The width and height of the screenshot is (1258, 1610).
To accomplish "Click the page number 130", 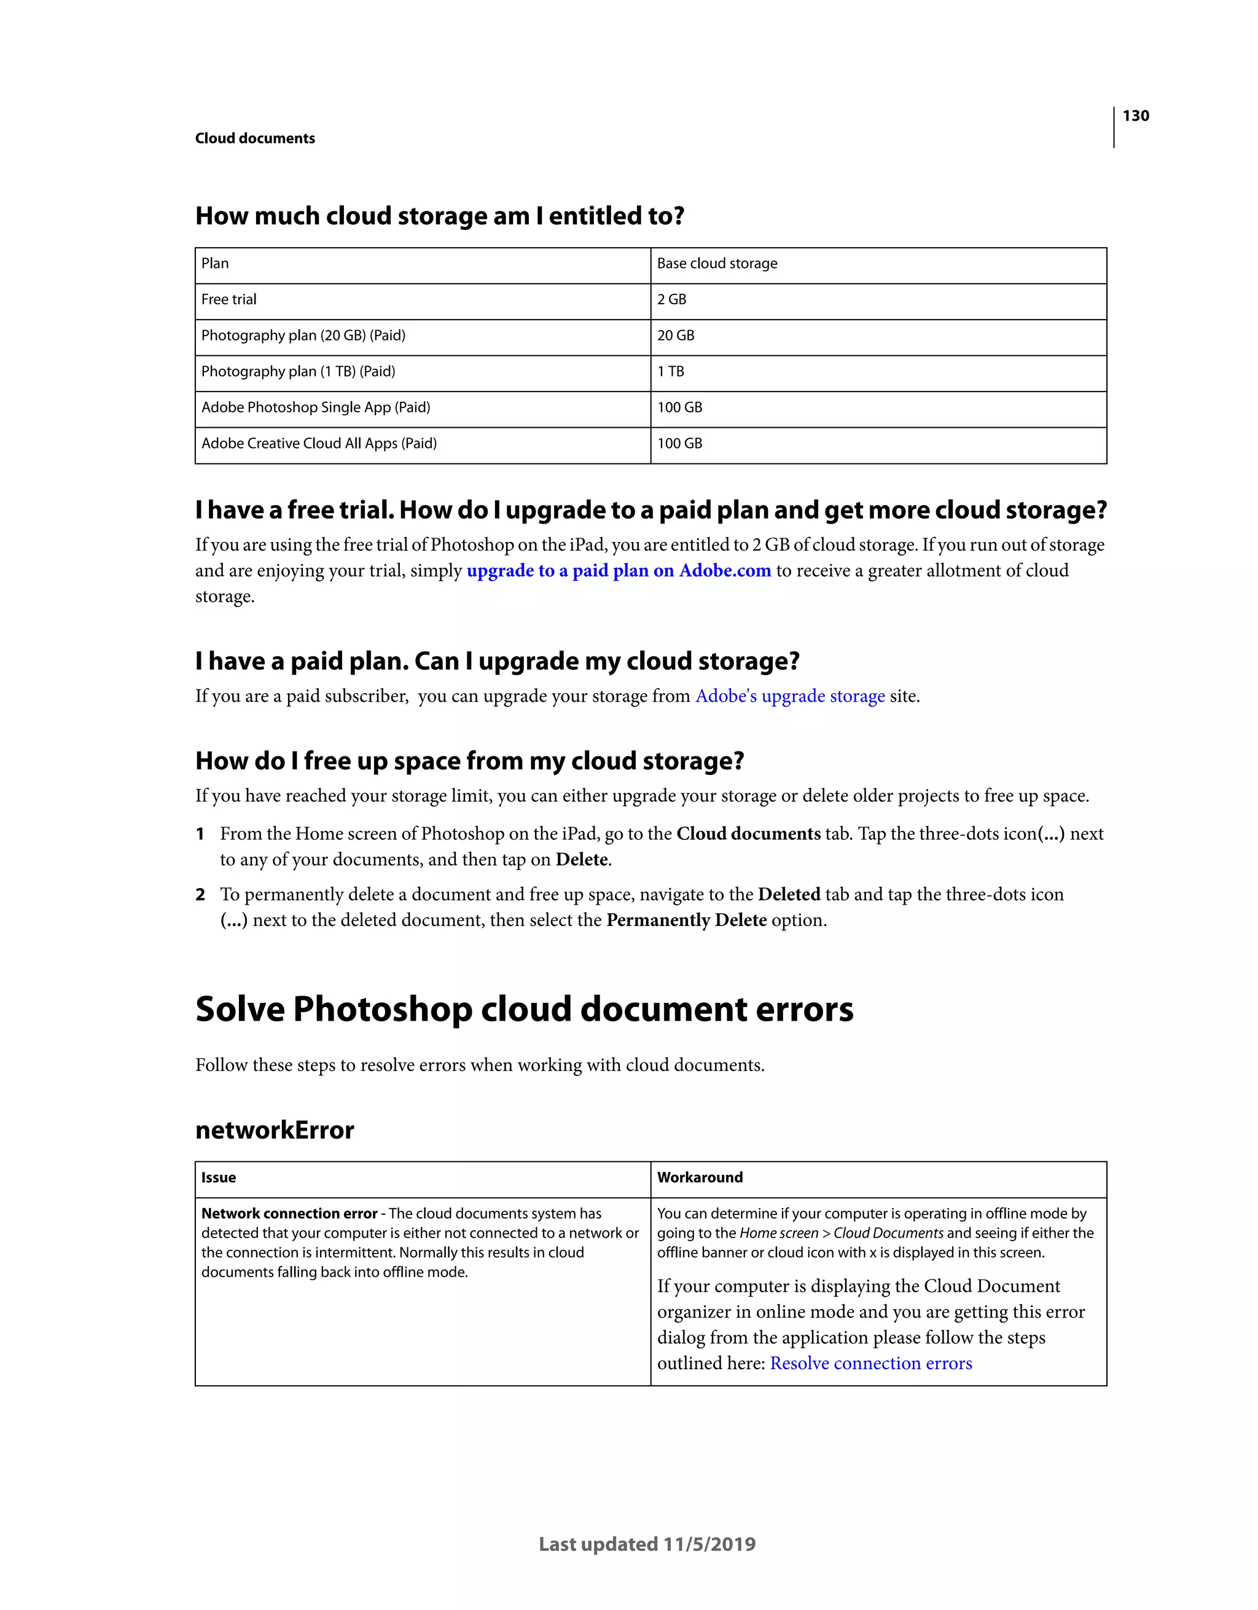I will coord(1135,116).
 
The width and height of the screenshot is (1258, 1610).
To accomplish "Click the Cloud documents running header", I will coord(255,139).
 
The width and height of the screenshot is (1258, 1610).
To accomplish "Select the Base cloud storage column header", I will coord(717,264).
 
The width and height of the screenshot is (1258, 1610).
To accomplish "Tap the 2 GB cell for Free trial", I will coord(671,299).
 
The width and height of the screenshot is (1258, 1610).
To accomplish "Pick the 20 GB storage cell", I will coord(675,336).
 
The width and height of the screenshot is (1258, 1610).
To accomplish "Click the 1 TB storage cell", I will coord(670,372).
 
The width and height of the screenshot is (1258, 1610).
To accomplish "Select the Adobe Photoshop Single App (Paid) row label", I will coord(315,407).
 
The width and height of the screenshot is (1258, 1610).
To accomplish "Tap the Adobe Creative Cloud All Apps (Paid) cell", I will coord(318,444).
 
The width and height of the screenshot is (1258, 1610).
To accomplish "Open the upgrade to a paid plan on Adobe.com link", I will coord(619,571).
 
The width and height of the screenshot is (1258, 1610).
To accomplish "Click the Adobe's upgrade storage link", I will coord(789,697).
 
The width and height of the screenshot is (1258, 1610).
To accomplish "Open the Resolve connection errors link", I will coord(870,1364).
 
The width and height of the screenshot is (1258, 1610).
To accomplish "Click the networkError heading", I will coord(274,1130).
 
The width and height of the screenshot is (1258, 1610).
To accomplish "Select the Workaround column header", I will coord(700,1178).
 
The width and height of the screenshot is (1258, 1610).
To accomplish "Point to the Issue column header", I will coord(218,1178).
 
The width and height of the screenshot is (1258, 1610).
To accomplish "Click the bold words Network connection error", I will coord(289,1214).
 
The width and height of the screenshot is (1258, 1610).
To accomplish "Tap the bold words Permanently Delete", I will coord(686,921).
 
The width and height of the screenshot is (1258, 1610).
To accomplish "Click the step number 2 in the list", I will coord(200,895).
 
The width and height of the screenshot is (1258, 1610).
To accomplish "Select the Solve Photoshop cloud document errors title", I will coord(524,1009).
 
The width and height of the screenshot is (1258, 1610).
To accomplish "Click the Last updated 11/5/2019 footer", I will coord(647,1544).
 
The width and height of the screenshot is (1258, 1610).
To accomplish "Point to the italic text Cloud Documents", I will coord(888,1233).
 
